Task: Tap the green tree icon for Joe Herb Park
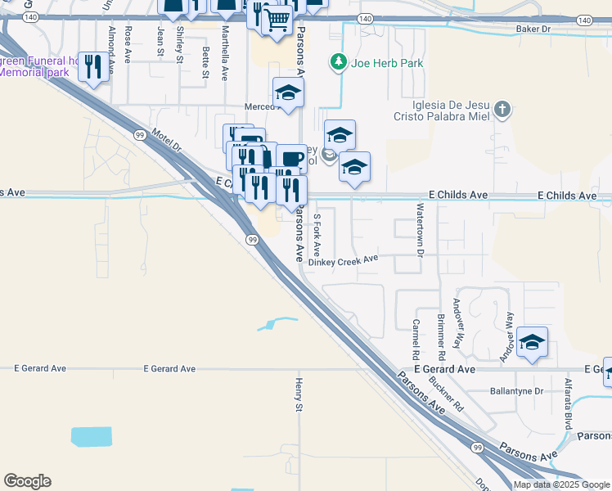pyautogui.click(x=336, y=62)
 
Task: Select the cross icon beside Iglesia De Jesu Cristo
pyautogui.click(x=502, y=108)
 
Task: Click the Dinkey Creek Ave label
pyautogui.click(x=349, y=260)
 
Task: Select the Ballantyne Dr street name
pyautogui.click(x=516, y=391)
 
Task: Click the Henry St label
pyautogui.click(x=299, y=396)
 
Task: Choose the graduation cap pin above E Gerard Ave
pyautogui.click(x=532, y=343)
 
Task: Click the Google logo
pyautogui.click(x=27, y=481)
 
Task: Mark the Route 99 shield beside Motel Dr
pyautogui.click(x=140, y=134)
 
